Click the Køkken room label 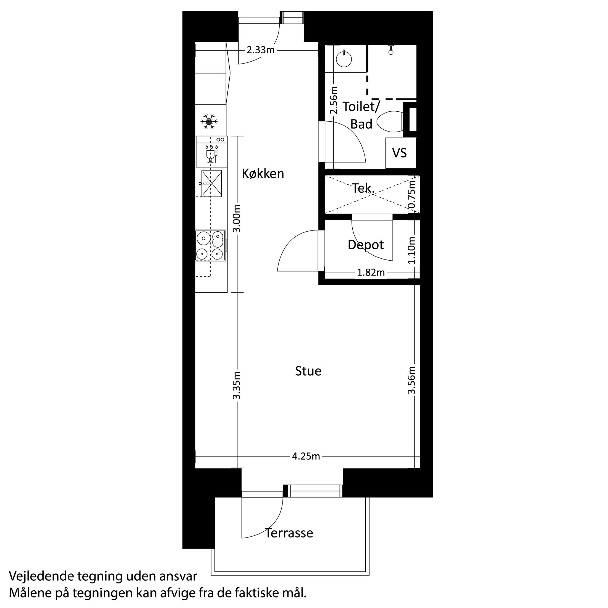[263, 174]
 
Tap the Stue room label [308, 371]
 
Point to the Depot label [366, 245]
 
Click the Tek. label [363, 188]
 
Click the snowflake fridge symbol [209, 122]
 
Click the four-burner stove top [211, 245]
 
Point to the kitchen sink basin [211, 184]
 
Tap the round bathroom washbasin [344, 59]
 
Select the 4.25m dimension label [306, 456]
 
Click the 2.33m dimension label [261, 50]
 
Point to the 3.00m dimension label [237, 218]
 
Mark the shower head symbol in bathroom [391, 51]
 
